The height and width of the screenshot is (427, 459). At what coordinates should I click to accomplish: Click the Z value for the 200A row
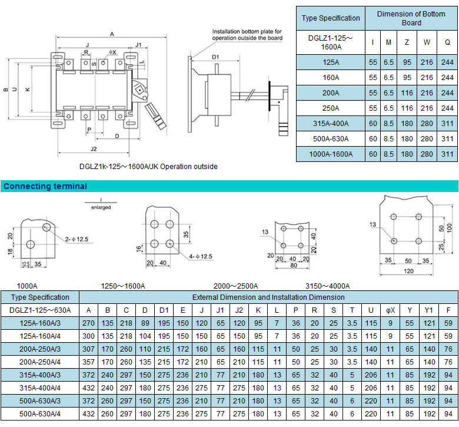(407, 93)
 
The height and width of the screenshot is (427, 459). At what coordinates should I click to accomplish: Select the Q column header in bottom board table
(447, 42)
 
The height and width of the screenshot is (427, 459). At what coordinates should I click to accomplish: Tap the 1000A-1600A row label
(331, 154)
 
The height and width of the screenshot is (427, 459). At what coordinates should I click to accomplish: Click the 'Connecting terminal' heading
(45, 186)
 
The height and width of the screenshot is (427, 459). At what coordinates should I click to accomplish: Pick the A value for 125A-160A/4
(88, 336)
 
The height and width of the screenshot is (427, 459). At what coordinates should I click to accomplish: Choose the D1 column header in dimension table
(164, 310)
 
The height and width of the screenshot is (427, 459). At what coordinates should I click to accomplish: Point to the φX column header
(390, 310)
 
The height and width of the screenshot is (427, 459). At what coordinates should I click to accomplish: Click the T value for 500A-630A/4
(352, 414)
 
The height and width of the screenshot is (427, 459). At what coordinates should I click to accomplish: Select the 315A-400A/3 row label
(40, 375)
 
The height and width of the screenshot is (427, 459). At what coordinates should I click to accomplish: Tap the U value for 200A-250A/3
(371, 349)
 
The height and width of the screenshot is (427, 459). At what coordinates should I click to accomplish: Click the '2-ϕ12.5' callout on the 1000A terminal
(76, 239)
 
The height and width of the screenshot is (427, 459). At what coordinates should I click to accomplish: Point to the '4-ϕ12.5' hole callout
(201, 256)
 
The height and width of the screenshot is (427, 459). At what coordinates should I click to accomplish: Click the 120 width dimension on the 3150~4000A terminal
(408, 271)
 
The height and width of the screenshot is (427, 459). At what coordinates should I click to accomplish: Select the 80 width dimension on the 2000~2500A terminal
(294, 265)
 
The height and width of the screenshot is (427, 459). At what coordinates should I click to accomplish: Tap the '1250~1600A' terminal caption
(123, 286)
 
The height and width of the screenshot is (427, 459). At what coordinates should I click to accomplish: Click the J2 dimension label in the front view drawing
(94, 149)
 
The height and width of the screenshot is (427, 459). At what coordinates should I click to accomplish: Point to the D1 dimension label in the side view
(215, 57)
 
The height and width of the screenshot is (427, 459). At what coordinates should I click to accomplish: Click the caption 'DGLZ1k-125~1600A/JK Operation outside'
(148, 167)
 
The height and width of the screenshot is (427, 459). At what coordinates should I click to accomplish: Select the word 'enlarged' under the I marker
(101, 207)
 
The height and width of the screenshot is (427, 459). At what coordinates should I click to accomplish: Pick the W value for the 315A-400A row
(427, 123)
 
